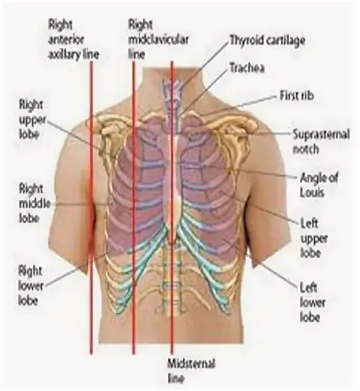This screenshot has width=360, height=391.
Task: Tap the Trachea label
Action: pos(246,68)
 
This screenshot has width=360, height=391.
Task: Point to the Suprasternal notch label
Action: pos(320,142)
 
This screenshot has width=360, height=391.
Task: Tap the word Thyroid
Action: pos(243,41)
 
